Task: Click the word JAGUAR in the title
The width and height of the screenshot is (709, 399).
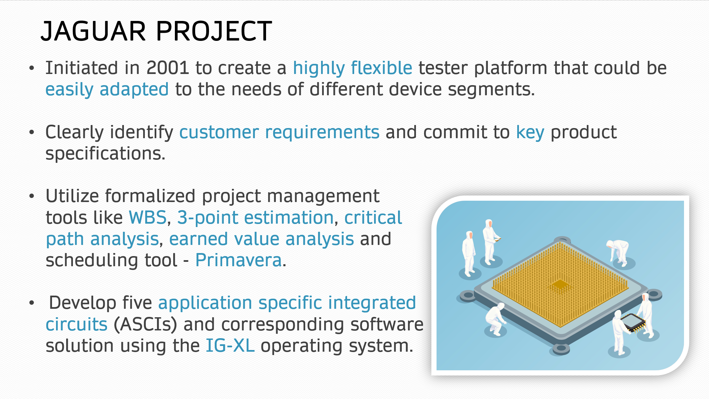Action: click(93, 31)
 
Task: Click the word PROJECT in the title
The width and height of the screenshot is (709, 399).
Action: click(214, 31)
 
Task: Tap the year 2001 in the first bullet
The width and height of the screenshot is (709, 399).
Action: click(167, 68)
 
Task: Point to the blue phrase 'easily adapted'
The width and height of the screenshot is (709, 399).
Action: click(107, 90)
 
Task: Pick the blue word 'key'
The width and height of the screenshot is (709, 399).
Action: click(530, 132)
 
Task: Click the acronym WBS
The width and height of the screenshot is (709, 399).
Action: click(148, 217)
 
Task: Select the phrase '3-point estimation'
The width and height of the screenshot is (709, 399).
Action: click(256, 218)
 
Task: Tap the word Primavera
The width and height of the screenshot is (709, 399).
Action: click(238, 260)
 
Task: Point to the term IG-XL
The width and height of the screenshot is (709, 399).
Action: click(230, 346)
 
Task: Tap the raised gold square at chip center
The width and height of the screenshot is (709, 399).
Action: click(560, 284)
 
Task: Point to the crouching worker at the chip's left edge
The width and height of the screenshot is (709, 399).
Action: click(495, 319)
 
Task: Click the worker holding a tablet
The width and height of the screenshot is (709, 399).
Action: click(490, 241)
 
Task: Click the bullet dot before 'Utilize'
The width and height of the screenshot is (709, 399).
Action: click(32, 196)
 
